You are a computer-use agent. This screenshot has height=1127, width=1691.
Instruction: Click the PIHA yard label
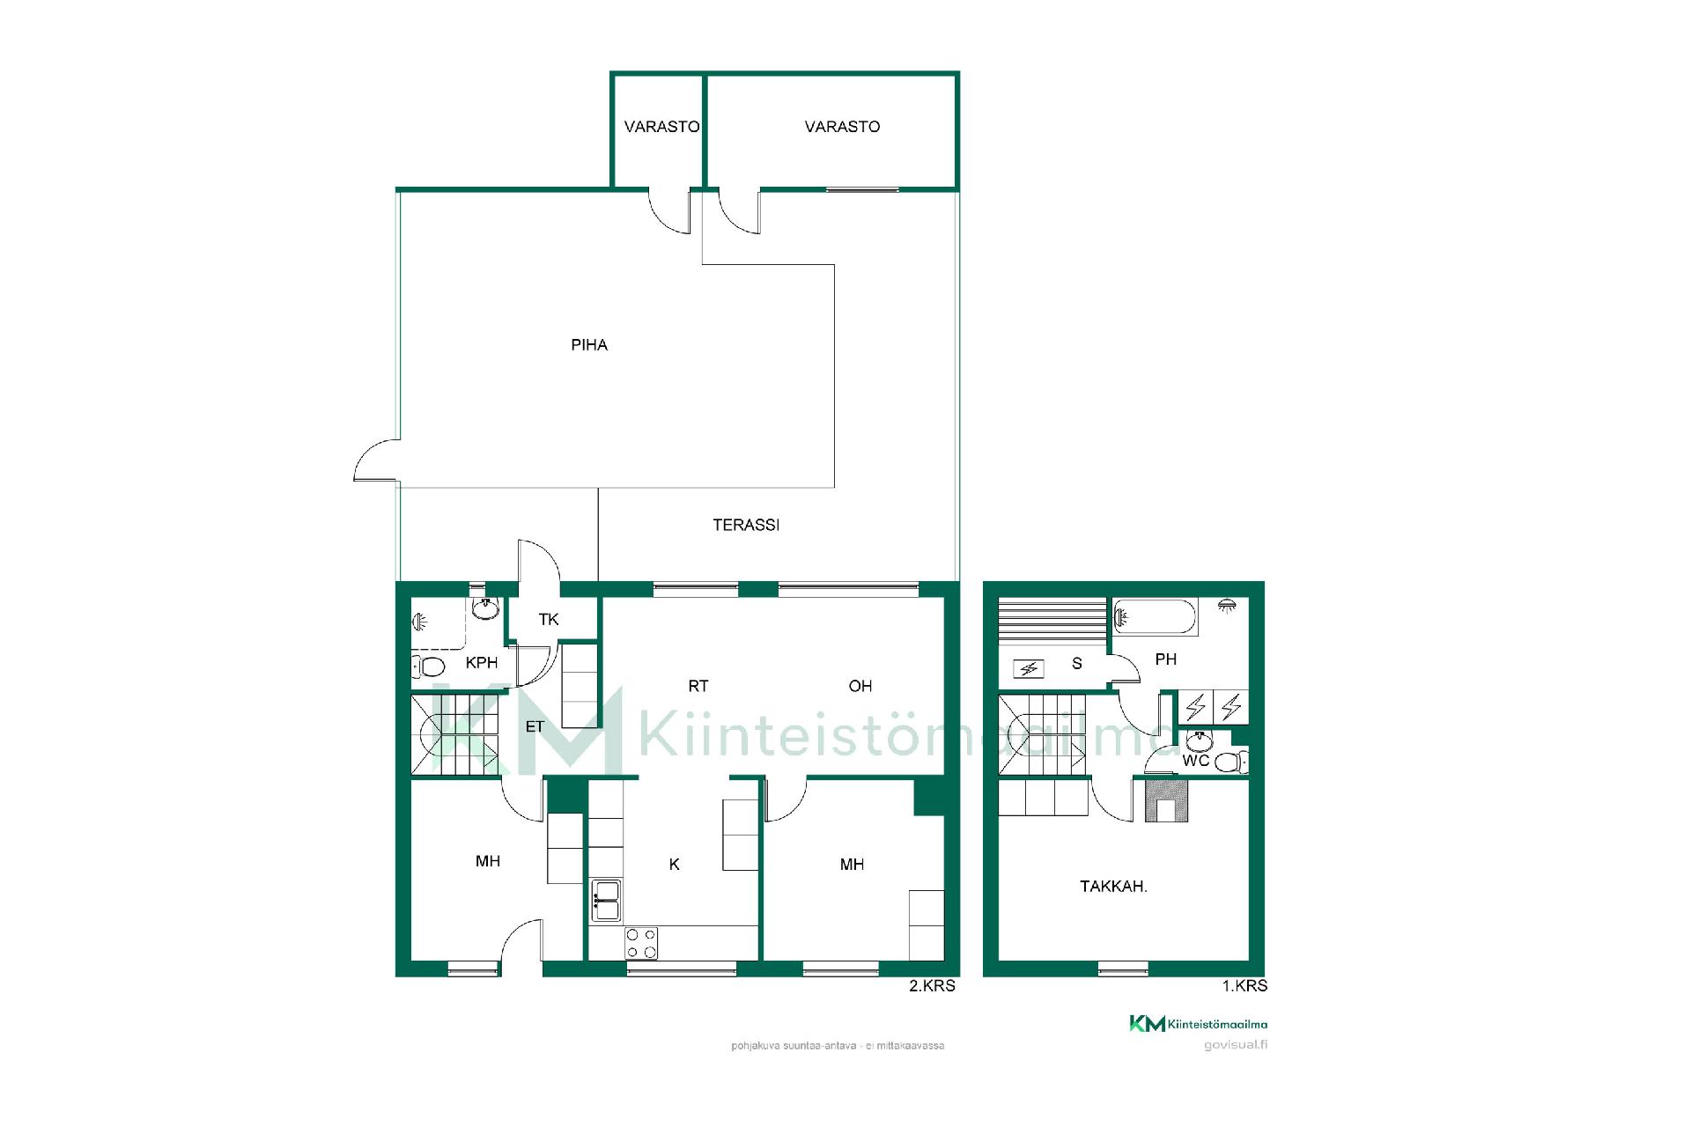(589, 345)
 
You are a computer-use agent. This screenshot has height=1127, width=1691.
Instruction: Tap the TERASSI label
(746, 525)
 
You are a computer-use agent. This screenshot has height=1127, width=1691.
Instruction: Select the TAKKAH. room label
(1113, 887)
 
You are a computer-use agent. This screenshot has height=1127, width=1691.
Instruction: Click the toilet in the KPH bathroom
(428, 666)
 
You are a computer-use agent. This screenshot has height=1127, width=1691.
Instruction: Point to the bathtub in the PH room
(1155, 617)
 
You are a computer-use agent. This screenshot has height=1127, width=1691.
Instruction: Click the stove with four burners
(641, 943)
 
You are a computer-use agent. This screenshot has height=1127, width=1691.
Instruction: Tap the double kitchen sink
(606, 900)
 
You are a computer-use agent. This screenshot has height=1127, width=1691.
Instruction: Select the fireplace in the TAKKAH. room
(1166, 800)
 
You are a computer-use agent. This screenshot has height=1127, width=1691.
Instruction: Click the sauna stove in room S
(1028, 669)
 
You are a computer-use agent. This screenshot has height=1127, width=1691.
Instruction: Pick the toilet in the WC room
(1231, 762)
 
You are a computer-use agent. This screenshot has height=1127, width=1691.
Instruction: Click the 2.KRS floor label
(932, 986)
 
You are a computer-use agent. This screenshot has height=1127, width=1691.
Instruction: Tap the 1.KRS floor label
(1244, 986)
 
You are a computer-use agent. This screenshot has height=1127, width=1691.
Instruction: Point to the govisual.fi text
(1236, 1045)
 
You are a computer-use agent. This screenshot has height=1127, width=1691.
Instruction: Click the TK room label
(549, 620)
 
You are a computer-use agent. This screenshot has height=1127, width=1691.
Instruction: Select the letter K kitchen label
(675, 865)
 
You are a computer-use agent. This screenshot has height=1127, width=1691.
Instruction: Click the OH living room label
(860, 686)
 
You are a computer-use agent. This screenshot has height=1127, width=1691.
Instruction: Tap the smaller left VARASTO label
(661, 127)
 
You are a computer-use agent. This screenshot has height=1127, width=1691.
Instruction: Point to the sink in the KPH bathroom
(485, 608)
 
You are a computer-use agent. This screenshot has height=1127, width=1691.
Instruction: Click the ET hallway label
(535, 726)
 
